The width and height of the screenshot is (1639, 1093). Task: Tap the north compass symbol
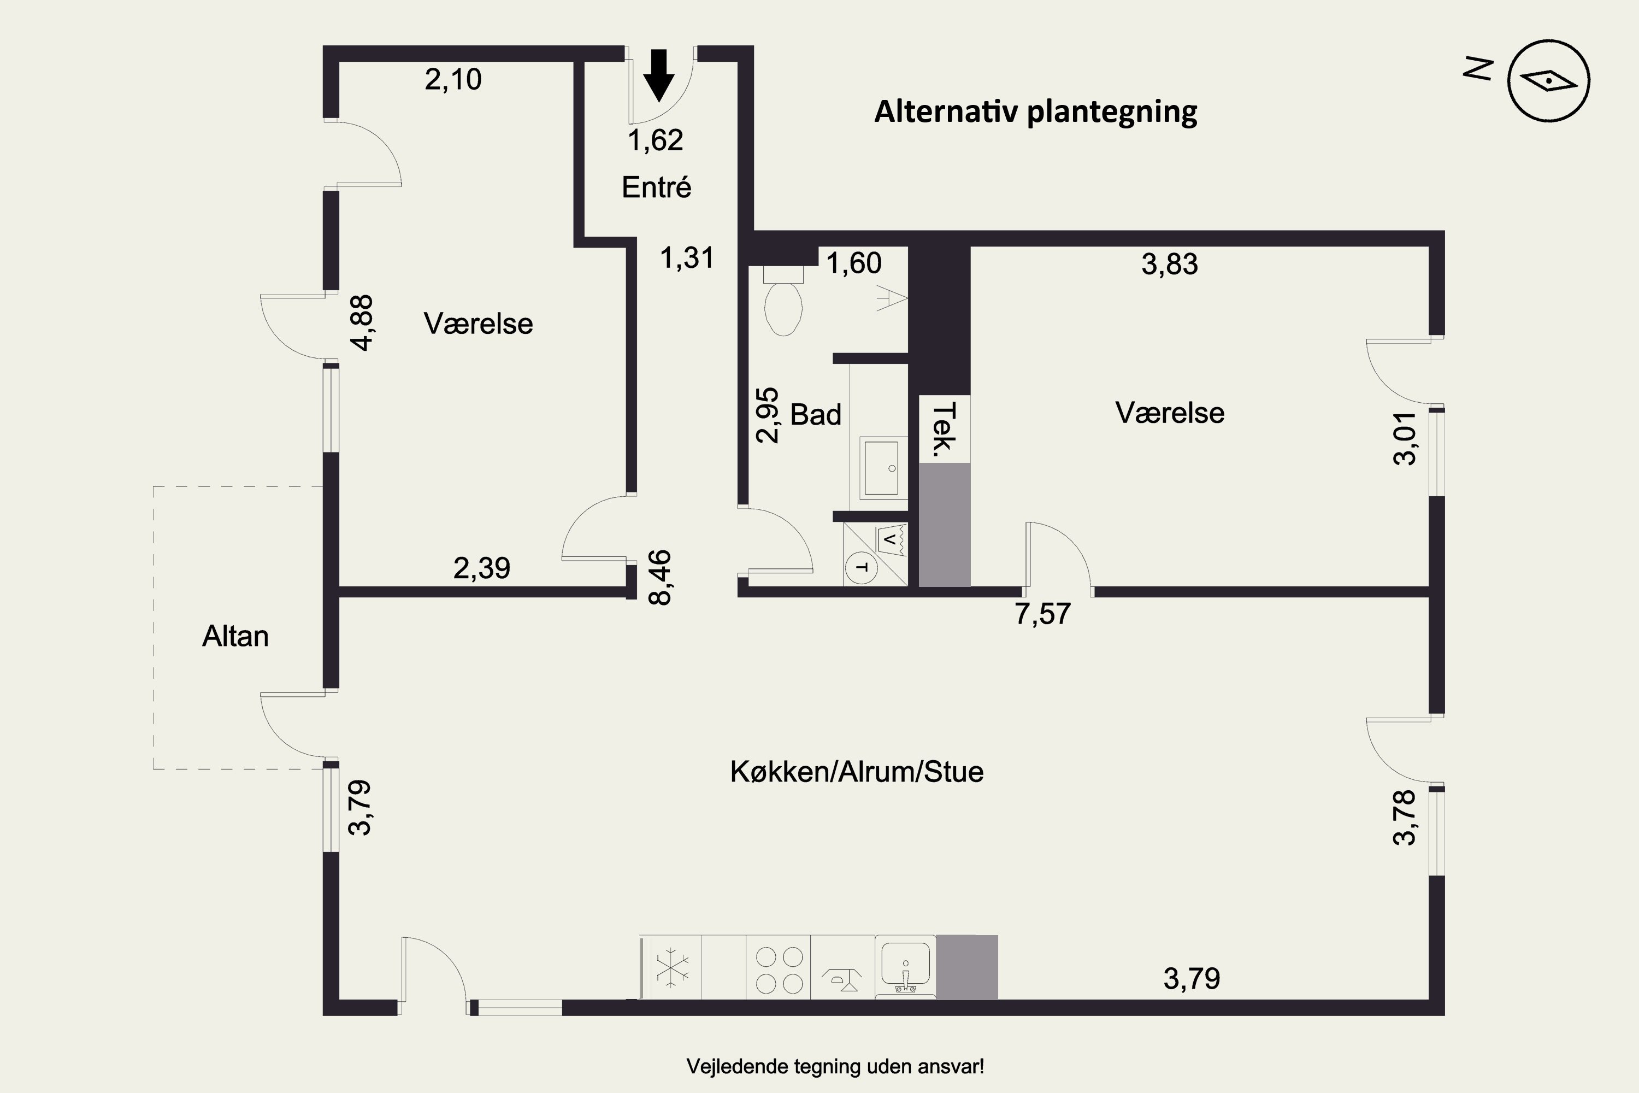[1548, 81]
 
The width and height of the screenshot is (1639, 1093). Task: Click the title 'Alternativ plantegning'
[1035, 112]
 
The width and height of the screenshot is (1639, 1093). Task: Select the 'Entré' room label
[657, 187]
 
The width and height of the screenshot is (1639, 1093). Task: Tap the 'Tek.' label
[944, 430]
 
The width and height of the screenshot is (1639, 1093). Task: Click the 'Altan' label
[235, 636]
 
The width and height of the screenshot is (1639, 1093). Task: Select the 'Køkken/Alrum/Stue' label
[857, 772]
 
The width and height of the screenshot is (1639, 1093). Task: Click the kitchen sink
[905, 967]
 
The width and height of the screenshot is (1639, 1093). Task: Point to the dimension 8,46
[660, 578]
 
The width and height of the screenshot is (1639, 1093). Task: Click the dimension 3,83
[1170, 264]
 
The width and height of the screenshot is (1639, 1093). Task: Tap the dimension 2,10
[453, 79]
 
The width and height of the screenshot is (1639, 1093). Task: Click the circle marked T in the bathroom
[862, 567]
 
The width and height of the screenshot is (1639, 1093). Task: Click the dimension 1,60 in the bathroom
[853, 263]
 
